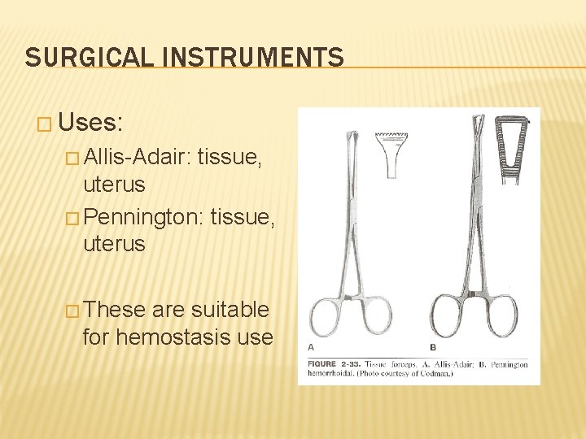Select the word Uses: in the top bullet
click(x=90, y=124)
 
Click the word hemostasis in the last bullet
click(x=175, y=336)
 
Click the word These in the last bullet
click(x=114, y=310)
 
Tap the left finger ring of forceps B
click(x=448, y=317)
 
